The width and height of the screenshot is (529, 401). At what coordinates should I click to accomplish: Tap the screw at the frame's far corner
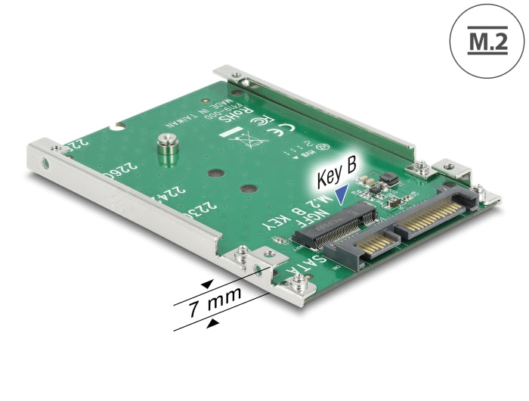237,76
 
